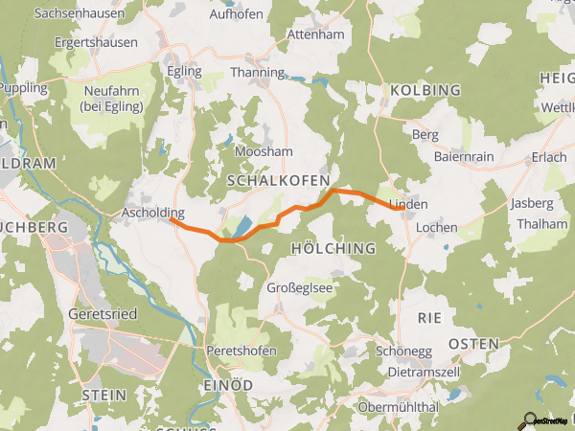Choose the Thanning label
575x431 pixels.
click(x=258, y=73)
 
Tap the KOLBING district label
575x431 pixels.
click(x=425, y=90)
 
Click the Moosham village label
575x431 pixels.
click(x=262, y=152)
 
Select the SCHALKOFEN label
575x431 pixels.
click(x=278, y=180)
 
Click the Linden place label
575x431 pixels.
click(x=408, y=205)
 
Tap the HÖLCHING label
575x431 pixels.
click(x=332, y=248)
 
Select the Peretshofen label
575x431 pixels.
click(x=241, y=352)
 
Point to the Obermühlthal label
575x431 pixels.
click(x=398, y=407)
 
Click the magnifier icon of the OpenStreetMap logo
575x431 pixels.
click(x=526, y=420)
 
